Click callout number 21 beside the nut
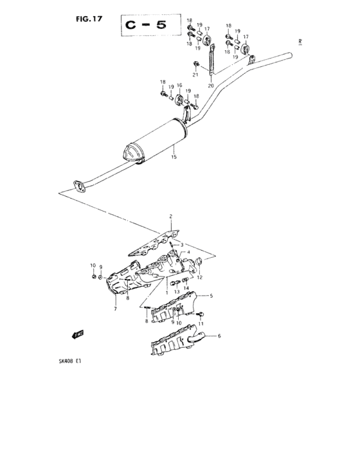(195, 75)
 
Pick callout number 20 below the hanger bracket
(211, 85)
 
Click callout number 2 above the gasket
(171, 216)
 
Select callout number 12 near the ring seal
(200, 278)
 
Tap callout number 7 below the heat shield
(115, 309)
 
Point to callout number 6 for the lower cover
(219, 336)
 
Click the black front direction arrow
(78, 334)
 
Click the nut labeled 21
(195, 64)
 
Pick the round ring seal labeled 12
(199, 261)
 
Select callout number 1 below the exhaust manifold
(166, 292)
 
